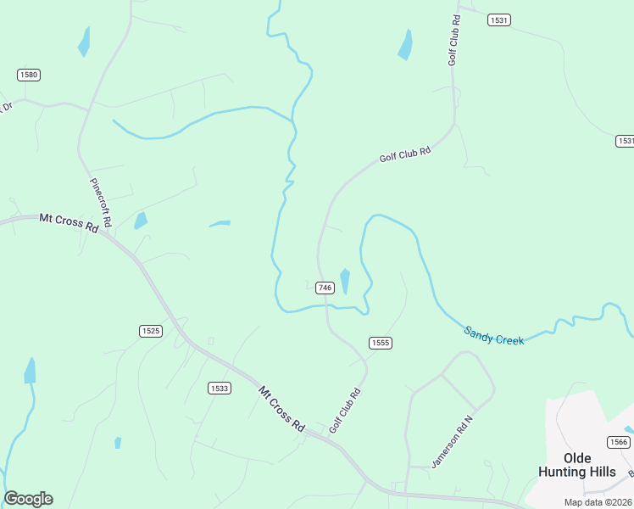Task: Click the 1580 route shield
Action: point(29,75)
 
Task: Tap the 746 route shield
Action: point(325,288)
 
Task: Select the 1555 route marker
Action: point(380,343)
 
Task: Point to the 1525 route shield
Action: point(150,331)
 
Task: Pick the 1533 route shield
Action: point(219,388)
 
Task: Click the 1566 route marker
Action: point(618,442)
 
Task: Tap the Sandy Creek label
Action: point(494,334)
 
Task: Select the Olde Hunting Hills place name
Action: point(576,465)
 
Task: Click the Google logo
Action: point(28,499)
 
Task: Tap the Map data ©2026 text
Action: point(598,501)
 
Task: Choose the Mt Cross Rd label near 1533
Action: point(281,409)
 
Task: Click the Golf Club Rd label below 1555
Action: point(346,411)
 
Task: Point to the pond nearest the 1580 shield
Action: point(84,41)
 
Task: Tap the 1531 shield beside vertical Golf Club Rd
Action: point(498,20)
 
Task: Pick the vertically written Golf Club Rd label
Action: point(454,40)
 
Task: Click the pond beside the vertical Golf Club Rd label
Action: point(406,45)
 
